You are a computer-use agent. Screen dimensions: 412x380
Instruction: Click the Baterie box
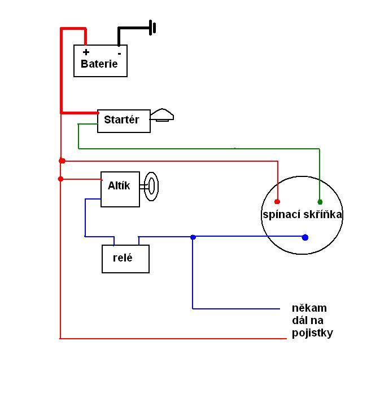click(101, 61)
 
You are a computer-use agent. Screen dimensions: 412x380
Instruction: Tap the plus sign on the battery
click(86, 52)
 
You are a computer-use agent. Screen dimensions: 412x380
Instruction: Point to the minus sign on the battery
click(119, 53)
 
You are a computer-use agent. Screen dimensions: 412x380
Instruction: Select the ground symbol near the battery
click(152, 27)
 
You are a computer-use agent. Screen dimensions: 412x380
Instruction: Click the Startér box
click(124, 121)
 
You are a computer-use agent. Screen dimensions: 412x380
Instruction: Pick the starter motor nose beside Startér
click(161, 115)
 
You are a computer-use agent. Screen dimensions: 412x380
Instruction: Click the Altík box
click(120, 189)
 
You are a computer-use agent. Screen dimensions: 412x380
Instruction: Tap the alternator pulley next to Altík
click(151, 187)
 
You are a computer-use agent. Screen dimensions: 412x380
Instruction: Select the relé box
click(125, 259)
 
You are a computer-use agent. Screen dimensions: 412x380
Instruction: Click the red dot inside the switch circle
click(277, 201)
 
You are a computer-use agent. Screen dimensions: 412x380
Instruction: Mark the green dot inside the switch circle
click(320, 202)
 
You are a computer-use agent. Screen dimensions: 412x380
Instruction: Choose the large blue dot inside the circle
click(305, 237)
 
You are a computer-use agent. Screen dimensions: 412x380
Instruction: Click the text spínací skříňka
click(302, 215)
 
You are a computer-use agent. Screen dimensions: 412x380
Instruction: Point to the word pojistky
click(312, 333)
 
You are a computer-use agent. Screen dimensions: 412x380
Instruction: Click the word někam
click(309, 308)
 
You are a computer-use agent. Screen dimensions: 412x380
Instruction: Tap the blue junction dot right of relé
click(193, 237)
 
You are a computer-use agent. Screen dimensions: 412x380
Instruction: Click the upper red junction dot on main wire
click(62, 161)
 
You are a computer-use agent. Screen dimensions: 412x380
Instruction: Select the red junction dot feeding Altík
click(61, 179)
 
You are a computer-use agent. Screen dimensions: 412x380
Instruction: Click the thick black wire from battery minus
click(130, 28)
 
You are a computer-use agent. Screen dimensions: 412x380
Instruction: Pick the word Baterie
click(99, 64)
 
